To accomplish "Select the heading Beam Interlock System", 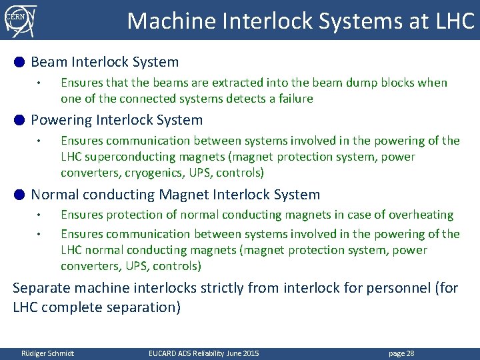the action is [105, 62].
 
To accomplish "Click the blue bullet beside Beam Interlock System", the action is [19, 62].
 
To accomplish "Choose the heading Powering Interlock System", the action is [117, 120].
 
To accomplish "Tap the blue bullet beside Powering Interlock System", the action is [19, 120].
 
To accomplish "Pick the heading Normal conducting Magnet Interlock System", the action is [175, 195].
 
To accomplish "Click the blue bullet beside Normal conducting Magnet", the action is [19, 195].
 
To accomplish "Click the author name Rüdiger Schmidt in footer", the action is [47, 353].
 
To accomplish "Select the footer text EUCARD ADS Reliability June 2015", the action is [203, 353].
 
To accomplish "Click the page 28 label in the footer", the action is [401, 353].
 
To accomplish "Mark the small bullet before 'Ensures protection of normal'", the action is [40, 215].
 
